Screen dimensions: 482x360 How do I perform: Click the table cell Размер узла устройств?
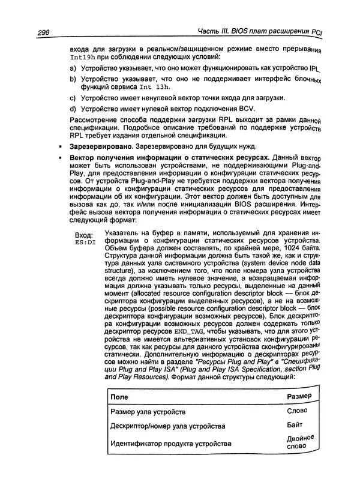[x=149, y=412]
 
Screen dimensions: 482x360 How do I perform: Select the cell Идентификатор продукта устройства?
[x=171, y=444]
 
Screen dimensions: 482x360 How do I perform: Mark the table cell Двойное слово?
[x=301, y=443]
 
